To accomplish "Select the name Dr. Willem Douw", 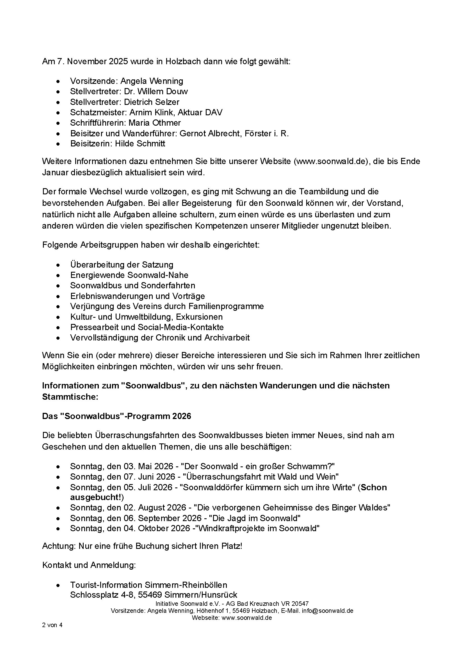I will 156,91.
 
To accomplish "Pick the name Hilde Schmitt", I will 140,143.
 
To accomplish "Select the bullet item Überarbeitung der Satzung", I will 122,264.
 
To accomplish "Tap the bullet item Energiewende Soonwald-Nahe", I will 129,275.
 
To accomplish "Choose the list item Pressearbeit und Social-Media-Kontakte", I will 147,327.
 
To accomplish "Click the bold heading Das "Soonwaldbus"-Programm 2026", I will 116,416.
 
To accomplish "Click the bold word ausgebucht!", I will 96,497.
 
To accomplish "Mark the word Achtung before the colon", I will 58,546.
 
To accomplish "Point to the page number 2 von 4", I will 52,625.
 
